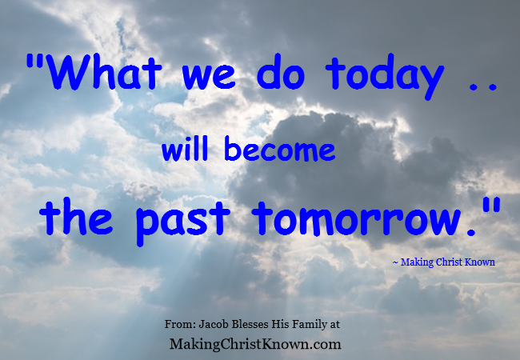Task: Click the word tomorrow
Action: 361,218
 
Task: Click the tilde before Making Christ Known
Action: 394,262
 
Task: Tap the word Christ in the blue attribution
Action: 450,262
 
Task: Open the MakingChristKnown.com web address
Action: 256,344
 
